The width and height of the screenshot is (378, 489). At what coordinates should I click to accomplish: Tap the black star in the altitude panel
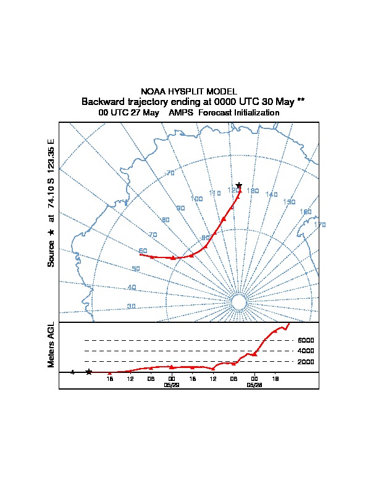(89, 372)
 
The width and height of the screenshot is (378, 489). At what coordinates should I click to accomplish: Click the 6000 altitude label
(306, 340)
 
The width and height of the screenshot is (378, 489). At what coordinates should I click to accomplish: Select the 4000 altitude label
(306, 351)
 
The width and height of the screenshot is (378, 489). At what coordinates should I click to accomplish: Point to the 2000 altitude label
(306, 362)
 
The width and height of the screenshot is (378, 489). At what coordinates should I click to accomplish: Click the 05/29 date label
(171, 384)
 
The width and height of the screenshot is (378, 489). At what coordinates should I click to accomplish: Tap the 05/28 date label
(254, 384)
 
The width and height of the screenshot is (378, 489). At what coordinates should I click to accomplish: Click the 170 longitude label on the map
(319, 225)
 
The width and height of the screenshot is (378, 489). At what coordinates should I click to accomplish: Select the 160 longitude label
(305, 212)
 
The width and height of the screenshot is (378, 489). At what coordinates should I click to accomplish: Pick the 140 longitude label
(271, 194)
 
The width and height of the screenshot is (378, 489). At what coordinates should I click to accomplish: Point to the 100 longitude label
(196, 199)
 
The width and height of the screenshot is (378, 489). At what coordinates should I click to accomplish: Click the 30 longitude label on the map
(131, 306)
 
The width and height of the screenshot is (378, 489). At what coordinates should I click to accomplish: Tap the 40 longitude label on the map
(132, 288)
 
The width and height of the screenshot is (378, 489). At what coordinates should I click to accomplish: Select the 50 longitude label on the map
(136, 269)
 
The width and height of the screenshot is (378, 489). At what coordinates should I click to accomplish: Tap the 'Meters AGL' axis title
(51, 345)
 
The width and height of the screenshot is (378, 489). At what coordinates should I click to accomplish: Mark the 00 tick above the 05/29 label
(171, 378)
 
